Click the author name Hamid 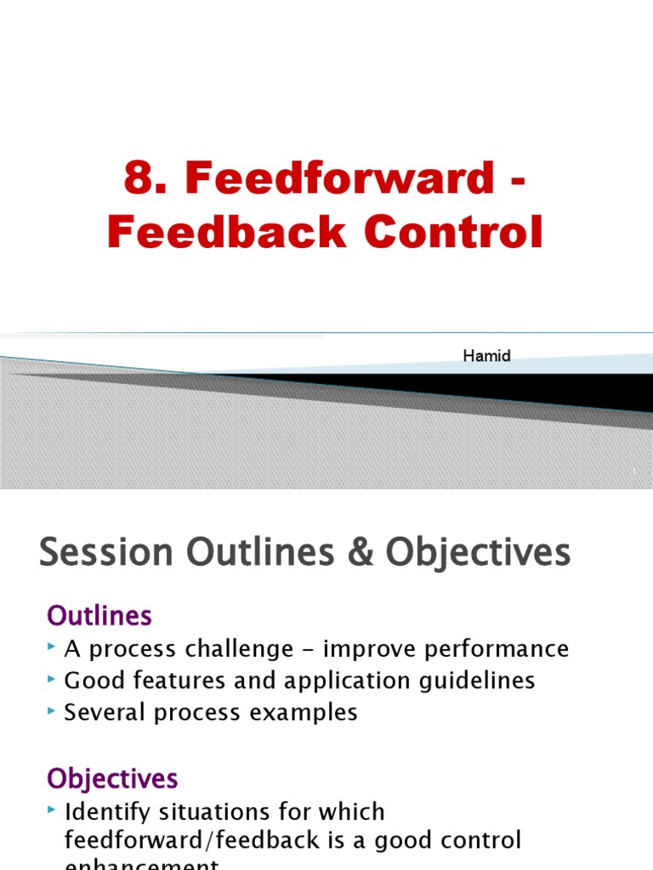click(x=486, y=356)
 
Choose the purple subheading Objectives click(x=112, y=778)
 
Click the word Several click(x=103, y=712)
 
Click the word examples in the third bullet click(x=311, y=712)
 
